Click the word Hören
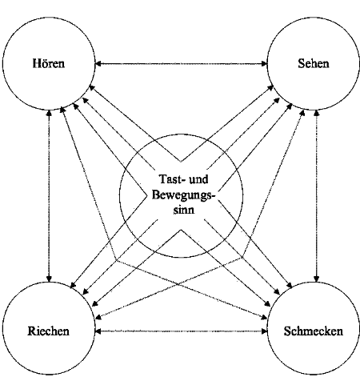pos(49,63)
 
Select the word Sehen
pos(314,63)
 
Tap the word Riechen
pos(49,331)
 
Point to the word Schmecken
pos(314,331)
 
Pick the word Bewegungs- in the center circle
pos(183,194)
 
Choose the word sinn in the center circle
pos(184,210)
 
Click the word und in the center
pos(198,179)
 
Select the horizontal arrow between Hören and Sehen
pos(181,64)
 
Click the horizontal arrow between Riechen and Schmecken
pos(181,331)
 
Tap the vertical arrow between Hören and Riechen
pos(49,196)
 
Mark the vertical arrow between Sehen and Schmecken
pos(317,196)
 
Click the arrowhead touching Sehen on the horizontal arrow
pos(264,64)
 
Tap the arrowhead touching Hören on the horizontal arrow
pos(98,64)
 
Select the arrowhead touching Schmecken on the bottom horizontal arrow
pos(264,331)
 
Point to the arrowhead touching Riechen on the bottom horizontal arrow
pos(98,331)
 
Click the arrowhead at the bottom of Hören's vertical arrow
pos(49,279)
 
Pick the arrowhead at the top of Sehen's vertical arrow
pos(317,114)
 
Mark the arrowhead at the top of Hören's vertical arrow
pos(49,114)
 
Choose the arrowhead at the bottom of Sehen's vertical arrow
pos(317,279)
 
